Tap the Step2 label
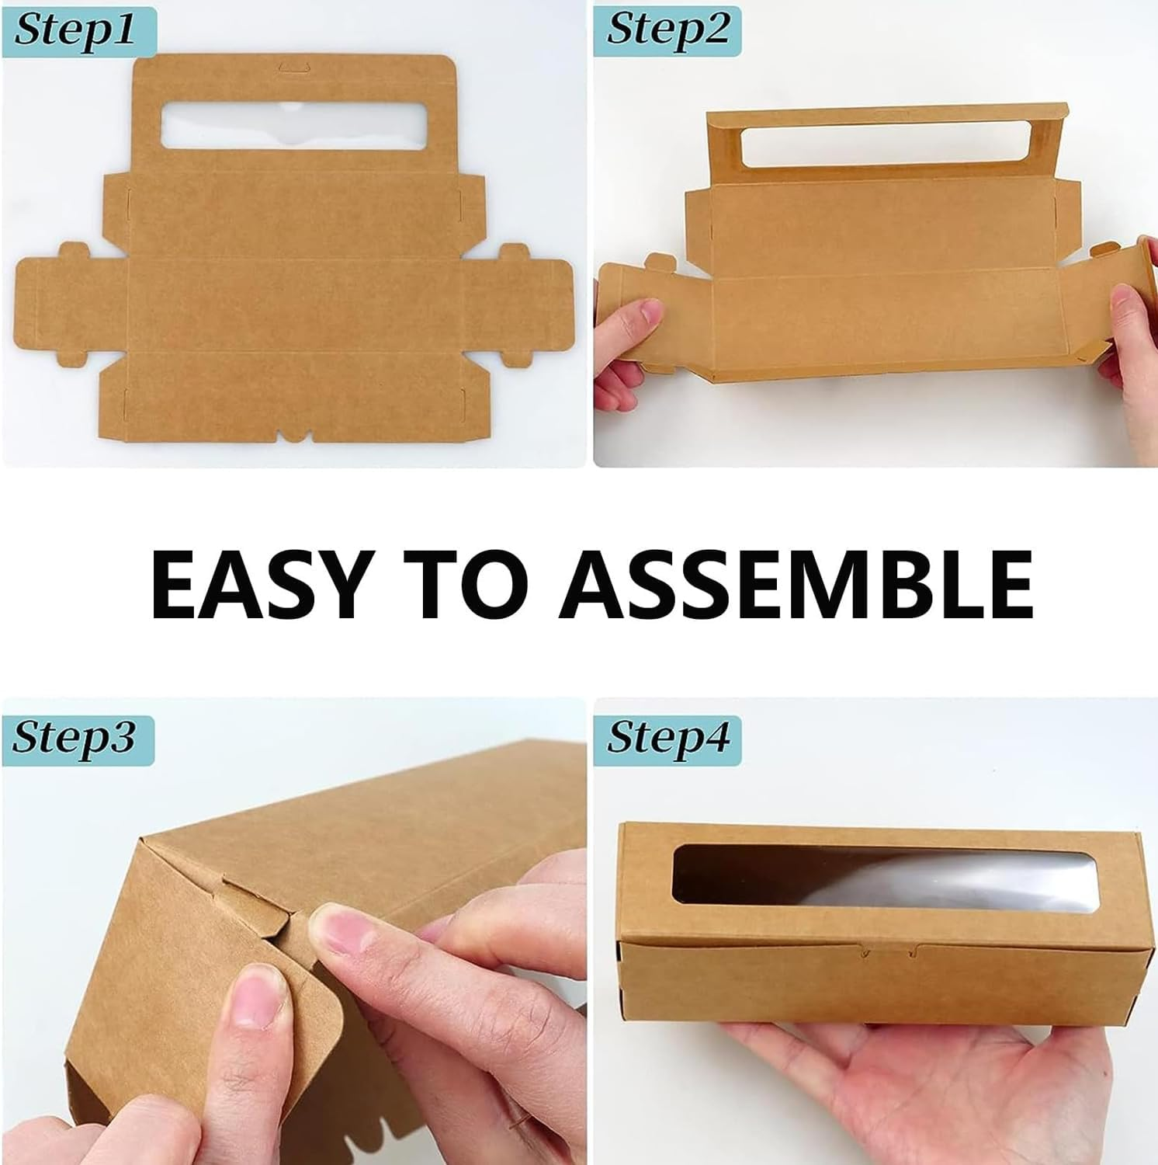click(x=667, y=30)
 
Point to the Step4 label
click(x=667, y=737)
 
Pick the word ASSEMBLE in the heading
click(x=795, y=582)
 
